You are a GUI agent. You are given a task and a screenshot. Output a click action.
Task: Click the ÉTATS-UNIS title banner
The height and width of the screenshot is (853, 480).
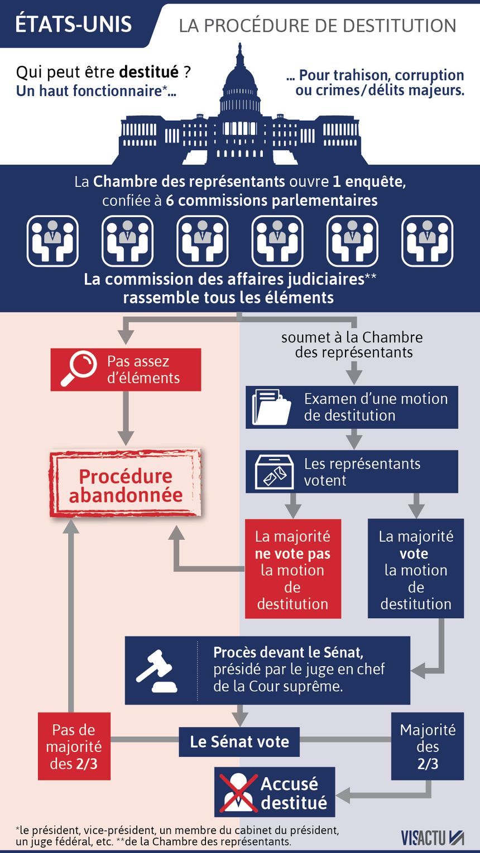[x=76, y=25]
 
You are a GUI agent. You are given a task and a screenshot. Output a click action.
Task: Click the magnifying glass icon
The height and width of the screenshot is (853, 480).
[x=79, y=369]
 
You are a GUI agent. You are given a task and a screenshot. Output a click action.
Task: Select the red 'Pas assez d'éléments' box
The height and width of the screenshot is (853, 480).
[x=126, y=369]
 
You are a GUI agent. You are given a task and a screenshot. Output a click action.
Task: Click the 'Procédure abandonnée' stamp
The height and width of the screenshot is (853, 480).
[x=126, y=484]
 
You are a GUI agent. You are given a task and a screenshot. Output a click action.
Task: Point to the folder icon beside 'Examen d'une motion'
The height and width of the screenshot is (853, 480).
[x=271, y=407]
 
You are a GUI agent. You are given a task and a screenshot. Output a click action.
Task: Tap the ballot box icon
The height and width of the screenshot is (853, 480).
[x=274, y=471]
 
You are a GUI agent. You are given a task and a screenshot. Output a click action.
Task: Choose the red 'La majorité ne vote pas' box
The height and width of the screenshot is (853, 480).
[x=292, y=568]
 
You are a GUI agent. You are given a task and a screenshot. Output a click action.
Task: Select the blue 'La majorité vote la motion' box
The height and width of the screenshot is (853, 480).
[x=416, y=568]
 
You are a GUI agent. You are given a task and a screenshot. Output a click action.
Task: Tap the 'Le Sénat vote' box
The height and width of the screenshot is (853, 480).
[x=239, y=742]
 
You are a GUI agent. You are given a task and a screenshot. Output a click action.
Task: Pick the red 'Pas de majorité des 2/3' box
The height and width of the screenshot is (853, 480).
[x=74, y=747]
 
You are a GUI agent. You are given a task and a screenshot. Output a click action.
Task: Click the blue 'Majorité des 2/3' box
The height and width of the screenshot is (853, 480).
[x=428, y=747]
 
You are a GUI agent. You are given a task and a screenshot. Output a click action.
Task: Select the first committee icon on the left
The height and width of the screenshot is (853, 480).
[x=52, y=241]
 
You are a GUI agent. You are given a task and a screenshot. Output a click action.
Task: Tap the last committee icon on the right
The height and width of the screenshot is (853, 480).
[x=428, y=241]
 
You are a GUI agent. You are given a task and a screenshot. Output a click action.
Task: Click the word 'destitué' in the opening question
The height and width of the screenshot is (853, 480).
[x=149, y=71]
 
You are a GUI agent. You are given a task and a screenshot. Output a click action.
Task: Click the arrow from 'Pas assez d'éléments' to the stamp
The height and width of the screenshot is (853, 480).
[x=126, y=418]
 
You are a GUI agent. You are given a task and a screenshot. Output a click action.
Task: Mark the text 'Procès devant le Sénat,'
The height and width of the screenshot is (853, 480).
[x=288, y=653]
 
